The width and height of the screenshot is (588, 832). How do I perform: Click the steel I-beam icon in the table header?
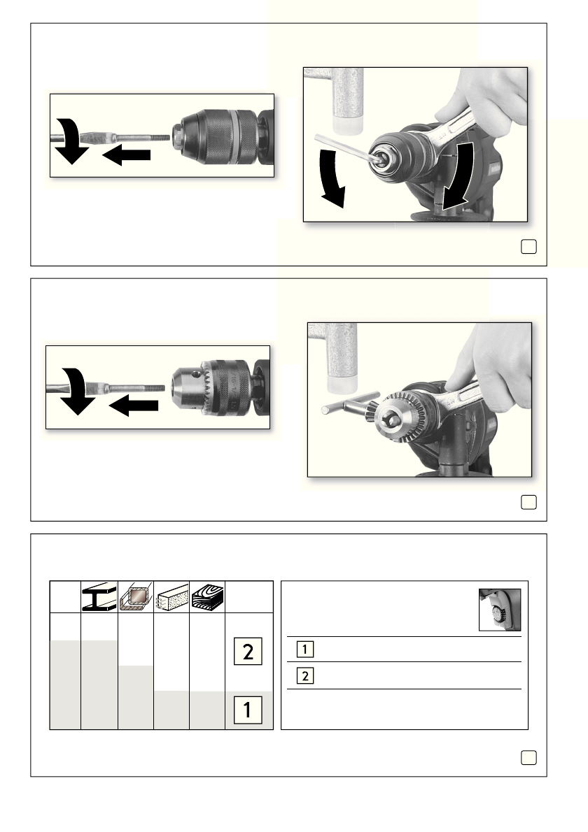click(99, 598)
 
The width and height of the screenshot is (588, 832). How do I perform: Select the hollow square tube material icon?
click(136, 598)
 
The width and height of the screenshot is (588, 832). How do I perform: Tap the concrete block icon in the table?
click(172, 598)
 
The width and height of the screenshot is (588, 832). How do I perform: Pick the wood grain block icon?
click(208, 598)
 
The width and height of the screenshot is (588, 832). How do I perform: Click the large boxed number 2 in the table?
click(248, 651)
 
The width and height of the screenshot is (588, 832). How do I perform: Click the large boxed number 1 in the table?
click(248, 710)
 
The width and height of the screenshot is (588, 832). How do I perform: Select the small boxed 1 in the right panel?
click(305, 649)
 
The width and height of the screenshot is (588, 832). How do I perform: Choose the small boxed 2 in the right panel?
click(305, 676)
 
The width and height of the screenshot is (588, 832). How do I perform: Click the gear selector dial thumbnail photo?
click(499, 610)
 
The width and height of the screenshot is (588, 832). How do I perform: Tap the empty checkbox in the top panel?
click(528, 247)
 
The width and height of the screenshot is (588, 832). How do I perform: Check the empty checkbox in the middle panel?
click(528, 502)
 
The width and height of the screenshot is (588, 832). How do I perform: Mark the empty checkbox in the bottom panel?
click(528, 758)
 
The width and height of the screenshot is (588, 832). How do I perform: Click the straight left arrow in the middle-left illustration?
click(133, 406)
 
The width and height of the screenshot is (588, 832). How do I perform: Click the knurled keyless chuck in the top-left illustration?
click(217, 136)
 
